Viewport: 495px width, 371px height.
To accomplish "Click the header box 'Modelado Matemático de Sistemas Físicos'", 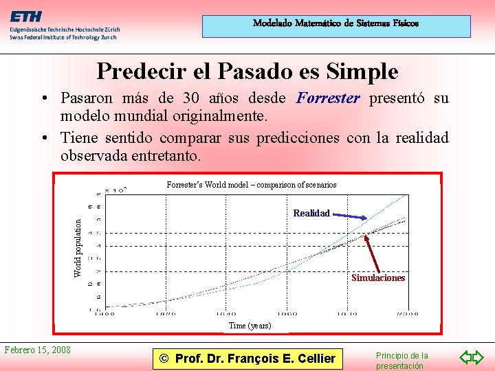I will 335,24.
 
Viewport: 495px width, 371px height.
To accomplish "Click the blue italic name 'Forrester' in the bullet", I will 328,98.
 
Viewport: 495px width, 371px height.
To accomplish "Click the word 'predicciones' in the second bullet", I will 296,137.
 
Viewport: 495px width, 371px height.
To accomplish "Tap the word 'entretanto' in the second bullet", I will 164,156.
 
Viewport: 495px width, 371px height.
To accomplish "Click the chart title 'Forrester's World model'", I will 252,184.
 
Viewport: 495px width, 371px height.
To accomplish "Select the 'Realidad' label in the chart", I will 311,213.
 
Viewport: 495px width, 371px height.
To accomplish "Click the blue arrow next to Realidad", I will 350,216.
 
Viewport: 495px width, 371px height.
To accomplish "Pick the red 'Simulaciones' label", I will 378,278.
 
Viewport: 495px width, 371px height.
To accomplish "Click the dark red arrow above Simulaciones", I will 374,253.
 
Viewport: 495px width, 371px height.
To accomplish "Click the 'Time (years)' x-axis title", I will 250,325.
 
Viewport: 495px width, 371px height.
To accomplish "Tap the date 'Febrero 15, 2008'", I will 38,350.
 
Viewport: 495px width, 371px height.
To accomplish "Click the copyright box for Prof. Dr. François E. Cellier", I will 247,358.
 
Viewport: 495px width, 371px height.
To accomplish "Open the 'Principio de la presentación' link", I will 401,361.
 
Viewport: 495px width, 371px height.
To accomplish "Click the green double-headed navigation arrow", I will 472,357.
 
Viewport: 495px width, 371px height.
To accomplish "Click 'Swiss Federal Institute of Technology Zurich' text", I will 63,37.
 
